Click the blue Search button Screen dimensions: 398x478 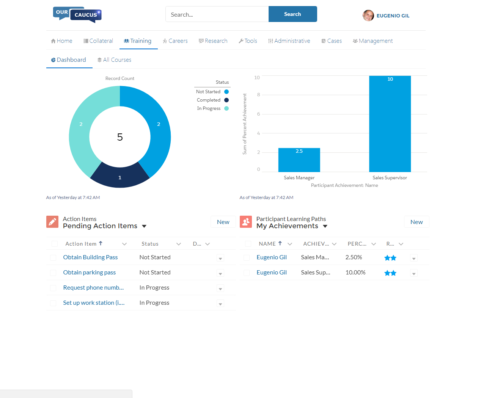292,14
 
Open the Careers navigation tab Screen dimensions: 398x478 175,41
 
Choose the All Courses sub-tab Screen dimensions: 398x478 114,60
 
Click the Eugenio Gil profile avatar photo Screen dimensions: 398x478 368,16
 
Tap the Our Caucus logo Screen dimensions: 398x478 77,14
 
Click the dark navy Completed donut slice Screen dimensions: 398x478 120,176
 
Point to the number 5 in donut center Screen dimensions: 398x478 120,137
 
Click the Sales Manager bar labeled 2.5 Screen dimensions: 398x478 299,160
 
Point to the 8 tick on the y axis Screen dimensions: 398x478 259,95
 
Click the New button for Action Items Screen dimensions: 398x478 223,222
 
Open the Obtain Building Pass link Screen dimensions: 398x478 90,257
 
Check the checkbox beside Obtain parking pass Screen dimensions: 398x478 53,273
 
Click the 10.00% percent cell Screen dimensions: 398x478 355,273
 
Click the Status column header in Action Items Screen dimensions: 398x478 150,244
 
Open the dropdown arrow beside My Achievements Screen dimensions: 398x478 325,226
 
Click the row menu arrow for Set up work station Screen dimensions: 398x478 220,304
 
